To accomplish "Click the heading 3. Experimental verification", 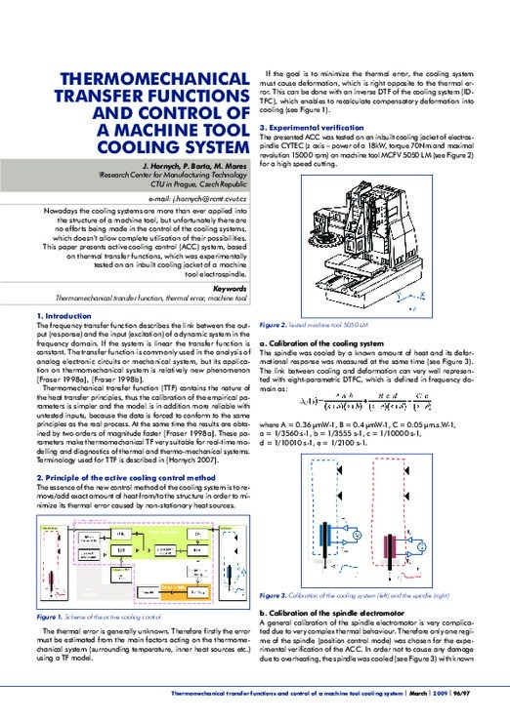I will tap(319, 127).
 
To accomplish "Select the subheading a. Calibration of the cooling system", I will tap(327, 344).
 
